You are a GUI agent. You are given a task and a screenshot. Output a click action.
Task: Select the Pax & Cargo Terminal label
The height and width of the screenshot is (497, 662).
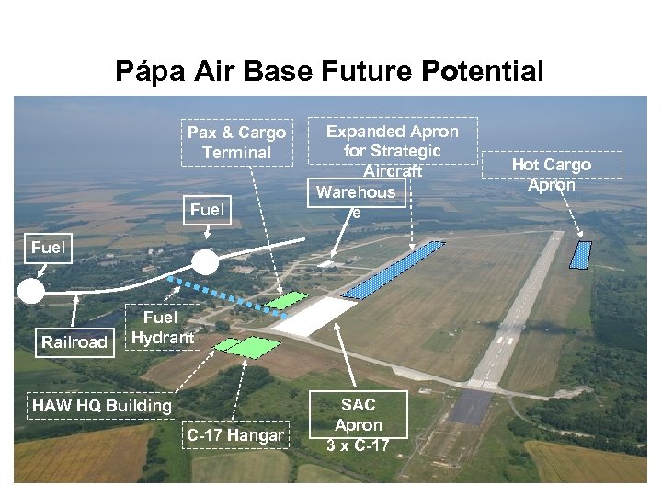(x=236, y=143)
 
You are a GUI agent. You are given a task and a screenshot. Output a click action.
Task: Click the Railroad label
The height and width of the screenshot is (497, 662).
(x=74, y=342)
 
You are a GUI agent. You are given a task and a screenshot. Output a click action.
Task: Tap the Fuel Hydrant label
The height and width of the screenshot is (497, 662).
(x=163, y=327)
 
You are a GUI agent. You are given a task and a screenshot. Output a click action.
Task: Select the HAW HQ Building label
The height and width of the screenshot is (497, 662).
(x=101, y=406)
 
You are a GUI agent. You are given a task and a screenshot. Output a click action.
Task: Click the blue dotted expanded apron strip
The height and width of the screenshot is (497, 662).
(x=394, y=271)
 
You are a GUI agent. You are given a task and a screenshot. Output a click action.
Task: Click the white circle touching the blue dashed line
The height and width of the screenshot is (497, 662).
(x=205, y=263)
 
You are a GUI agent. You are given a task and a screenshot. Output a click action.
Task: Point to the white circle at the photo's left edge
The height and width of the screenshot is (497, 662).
(x=30, y=292)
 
